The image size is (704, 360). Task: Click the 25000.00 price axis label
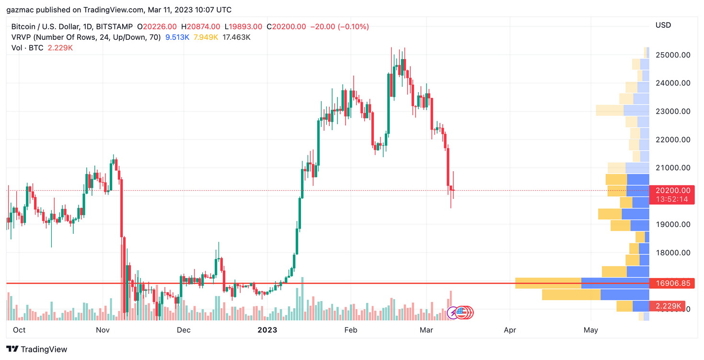coord(673,55)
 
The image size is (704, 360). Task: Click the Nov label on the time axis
coord(103,330)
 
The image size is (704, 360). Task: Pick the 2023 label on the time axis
coord(267,330)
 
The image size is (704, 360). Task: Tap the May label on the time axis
coord(591,330)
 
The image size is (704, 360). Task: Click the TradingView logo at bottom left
coord(37,349)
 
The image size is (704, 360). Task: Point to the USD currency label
coord(663,25)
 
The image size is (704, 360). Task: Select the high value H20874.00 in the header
coord(200,27)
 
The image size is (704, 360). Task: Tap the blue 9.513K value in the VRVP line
coord(177,37)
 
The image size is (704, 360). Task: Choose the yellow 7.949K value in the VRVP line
coord(206,37)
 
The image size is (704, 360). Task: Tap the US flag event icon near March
coord(461,313)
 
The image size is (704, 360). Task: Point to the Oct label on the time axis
coord(19,330)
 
